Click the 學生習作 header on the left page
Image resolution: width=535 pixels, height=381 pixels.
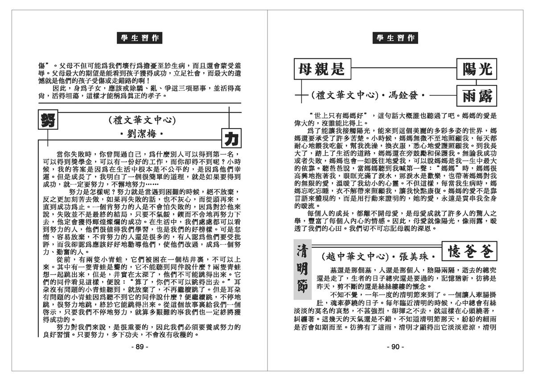click(140, 38)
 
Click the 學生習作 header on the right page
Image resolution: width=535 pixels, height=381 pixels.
click(395, 38)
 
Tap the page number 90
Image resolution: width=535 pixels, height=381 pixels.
click(395, 347)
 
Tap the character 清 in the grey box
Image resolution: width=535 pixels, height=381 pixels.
click(304, 251)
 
